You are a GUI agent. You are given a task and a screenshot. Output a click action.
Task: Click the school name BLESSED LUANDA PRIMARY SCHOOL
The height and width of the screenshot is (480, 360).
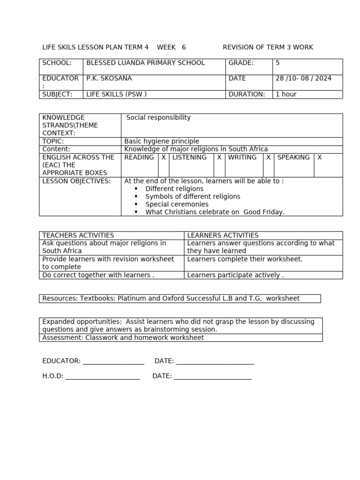point(146,63)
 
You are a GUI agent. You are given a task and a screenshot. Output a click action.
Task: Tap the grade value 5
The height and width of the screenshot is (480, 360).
point(277,63)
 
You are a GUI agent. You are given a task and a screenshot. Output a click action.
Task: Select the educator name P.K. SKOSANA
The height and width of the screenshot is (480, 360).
point(109,79)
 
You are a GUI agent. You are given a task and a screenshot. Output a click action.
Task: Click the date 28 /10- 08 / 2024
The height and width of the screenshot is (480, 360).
point(303,79)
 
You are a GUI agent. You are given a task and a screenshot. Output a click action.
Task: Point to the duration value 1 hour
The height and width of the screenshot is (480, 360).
point(286,94)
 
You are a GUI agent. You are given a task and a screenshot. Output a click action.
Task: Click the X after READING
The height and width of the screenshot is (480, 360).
point(164,157)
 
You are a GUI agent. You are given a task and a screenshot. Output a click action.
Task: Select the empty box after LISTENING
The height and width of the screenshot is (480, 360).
point(219,164)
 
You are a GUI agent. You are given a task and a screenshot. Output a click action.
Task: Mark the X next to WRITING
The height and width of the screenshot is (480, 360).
point(268,157)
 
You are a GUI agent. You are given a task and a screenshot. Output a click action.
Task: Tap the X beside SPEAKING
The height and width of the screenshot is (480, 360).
point(320,157)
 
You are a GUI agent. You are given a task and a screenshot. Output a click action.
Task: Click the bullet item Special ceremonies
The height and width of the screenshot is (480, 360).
point(177,204)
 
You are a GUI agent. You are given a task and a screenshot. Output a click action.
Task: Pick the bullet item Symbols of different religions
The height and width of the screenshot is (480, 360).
point(193,196)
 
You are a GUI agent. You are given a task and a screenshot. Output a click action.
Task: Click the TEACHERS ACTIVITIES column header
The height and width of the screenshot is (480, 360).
point(78,235)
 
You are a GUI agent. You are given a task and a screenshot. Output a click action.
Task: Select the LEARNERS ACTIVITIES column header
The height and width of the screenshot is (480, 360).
point(223,235)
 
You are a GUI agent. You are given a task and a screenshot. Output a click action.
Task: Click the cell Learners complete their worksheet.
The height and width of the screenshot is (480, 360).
point(245,259)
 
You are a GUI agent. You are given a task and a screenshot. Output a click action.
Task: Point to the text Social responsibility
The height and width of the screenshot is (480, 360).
point(158,118)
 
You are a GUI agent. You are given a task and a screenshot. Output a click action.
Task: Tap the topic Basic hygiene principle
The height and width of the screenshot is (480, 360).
point(162,141)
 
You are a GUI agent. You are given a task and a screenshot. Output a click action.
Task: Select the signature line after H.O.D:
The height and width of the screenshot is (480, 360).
point(103,377)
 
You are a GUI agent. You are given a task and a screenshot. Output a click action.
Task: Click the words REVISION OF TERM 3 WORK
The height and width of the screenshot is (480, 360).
point(268,47)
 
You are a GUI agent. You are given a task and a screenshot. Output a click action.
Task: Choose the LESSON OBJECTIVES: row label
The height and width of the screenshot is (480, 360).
point(77,181)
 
